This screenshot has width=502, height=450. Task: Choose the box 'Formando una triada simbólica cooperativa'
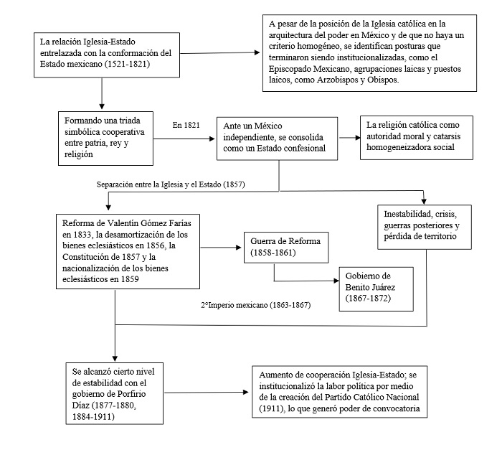105,130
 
